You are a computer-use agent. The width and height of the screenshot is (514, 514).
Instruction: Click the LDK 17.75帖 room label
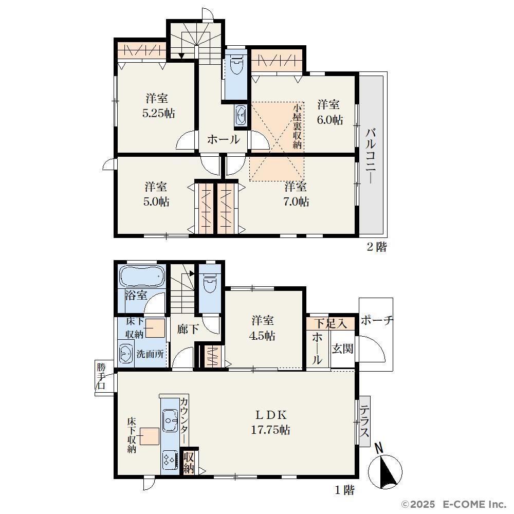[270, 422]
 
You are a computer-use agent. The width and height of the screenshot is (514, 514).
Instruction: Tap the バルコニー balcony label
[371, 156]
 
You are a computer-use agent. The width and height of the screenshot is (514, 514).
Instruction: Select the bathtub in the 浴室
[142, 276]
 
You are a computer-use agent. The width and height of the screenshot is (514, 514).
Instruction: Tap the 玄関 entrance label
[342, 348]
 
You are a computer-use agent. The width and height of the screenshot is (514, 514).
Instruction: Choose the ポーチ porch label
[377, 320]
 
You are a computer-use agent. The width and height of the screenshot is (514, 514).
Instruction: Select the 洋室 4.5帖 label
[262, 328]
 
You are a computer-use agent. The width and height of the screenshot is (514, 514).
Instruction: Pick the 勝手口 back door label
[101, 376]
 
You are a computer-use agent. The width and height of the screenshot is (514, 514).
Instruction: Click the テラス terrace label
[364, 421]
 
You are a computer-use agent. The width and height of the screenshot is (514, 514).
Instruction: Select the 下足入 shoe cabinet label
[330, 323]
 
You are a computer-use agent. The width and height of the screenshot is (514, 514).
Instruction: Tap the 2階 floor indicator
[377, 247]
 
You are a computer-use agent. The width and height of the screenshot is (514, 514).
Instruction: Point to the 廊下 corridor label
[188, 329]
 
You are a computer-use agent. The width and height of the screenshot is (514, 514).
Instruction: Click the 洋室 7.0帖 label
[296, 194]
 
